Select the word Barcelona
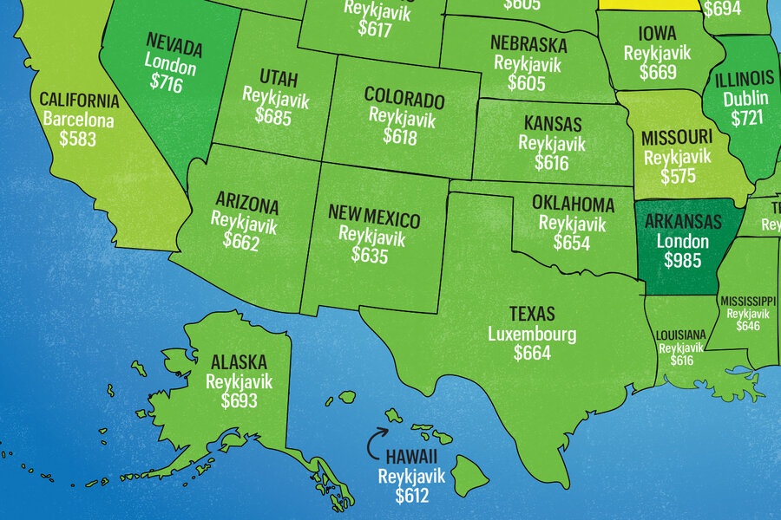tap(78, 120)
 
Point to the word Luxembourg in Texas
tap(532, 334)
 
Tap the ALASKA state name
tap(239, 362)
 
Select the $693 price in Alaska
tap(240, 400)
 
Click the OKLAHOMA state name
tap(574, 205)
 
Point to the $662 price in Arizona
tap(240, 244)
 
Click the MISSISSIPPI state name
tap(748, 301)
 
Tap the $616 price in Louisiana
tap(675, 361)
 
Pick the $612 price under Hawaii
tap(412, 495)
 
